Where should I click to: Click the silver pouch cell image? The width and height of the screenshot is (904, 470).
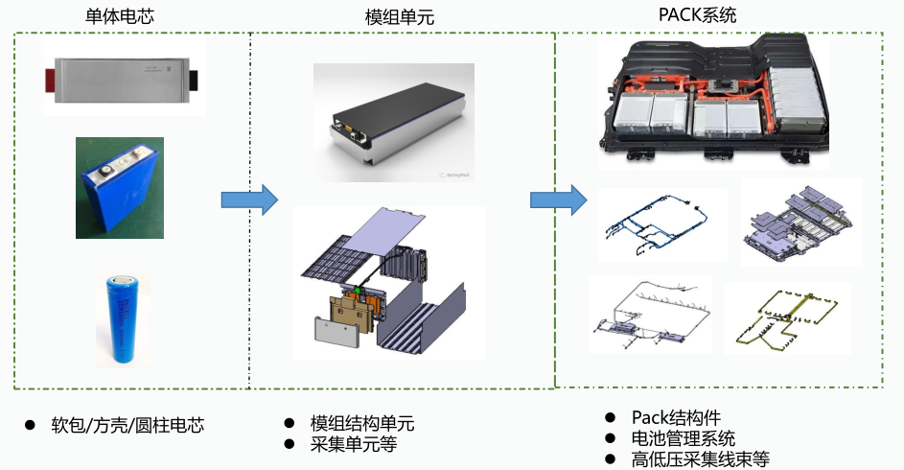click(123, 76)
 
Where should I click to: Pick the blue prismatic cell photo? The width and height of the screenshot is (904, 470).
click(120, 186)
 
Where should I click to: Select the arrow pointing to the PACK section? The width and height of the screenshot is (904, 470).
click(558, 200)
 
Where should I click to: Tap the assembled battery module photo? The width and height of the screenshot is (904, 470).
click(393, 123)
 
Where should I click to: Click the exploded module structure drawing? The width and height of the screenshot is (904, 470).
click(388, 282)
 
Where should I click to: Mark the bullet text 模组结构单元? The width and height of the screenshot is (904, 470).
click(362, 424)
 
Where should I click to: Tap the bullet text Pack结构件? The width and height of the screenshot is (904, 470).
click(676, 417)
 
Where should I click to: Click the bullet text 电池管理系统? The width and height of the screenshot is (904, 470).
click(684, 438)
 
